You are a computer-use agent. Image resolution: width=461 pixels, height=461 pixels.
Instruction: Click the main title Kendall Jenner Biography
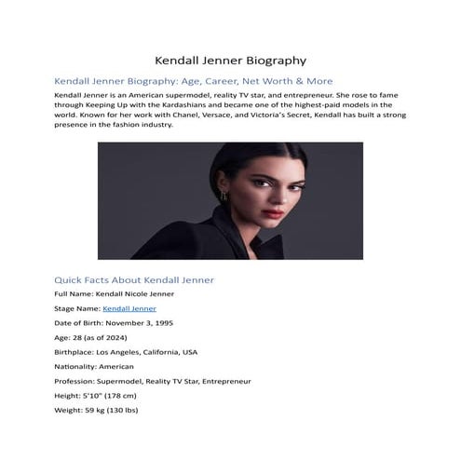point(230,60)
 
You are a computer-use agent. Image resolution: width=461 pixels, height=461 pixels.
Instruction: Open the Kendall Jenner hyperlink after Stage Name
point(129,307)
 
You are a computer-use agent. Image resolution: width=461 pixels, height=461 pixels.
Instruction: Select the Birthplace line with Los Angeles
point(126,352)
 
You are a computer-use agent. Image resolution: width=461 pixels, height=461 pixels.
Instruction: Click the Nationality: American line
point(99,367)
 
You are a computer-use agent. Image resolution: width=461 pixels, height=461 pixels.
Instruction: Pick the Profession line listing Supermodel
point(153,382)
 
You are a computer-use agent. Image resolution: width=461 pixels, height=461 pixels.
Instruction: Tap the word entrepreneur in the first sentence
point(291,96)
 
